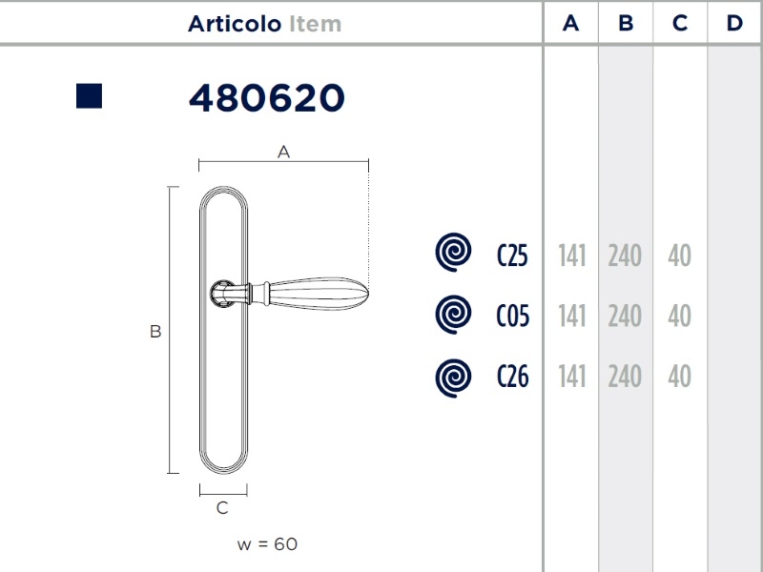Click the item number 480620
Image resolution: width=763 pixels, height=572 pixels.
267,98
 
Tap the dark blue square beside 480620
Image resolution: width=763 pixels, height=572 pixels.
89,96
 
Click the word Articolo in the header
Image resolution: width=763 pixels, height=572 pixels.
235,24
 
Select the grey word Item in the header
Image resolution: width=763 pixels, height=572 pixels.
316,24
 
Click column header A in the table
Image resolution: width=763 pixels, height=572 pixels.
570,23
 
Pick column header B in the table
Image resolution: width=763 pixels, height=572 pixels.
626,23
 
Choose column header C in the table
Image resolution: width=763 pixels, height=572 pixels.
680,23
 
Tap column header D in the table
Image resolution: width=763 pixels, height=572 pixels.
734,23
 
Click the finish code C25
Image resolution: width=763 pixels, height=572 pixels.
512,255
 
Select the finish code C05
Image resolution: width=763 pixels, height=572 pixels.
513,316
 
